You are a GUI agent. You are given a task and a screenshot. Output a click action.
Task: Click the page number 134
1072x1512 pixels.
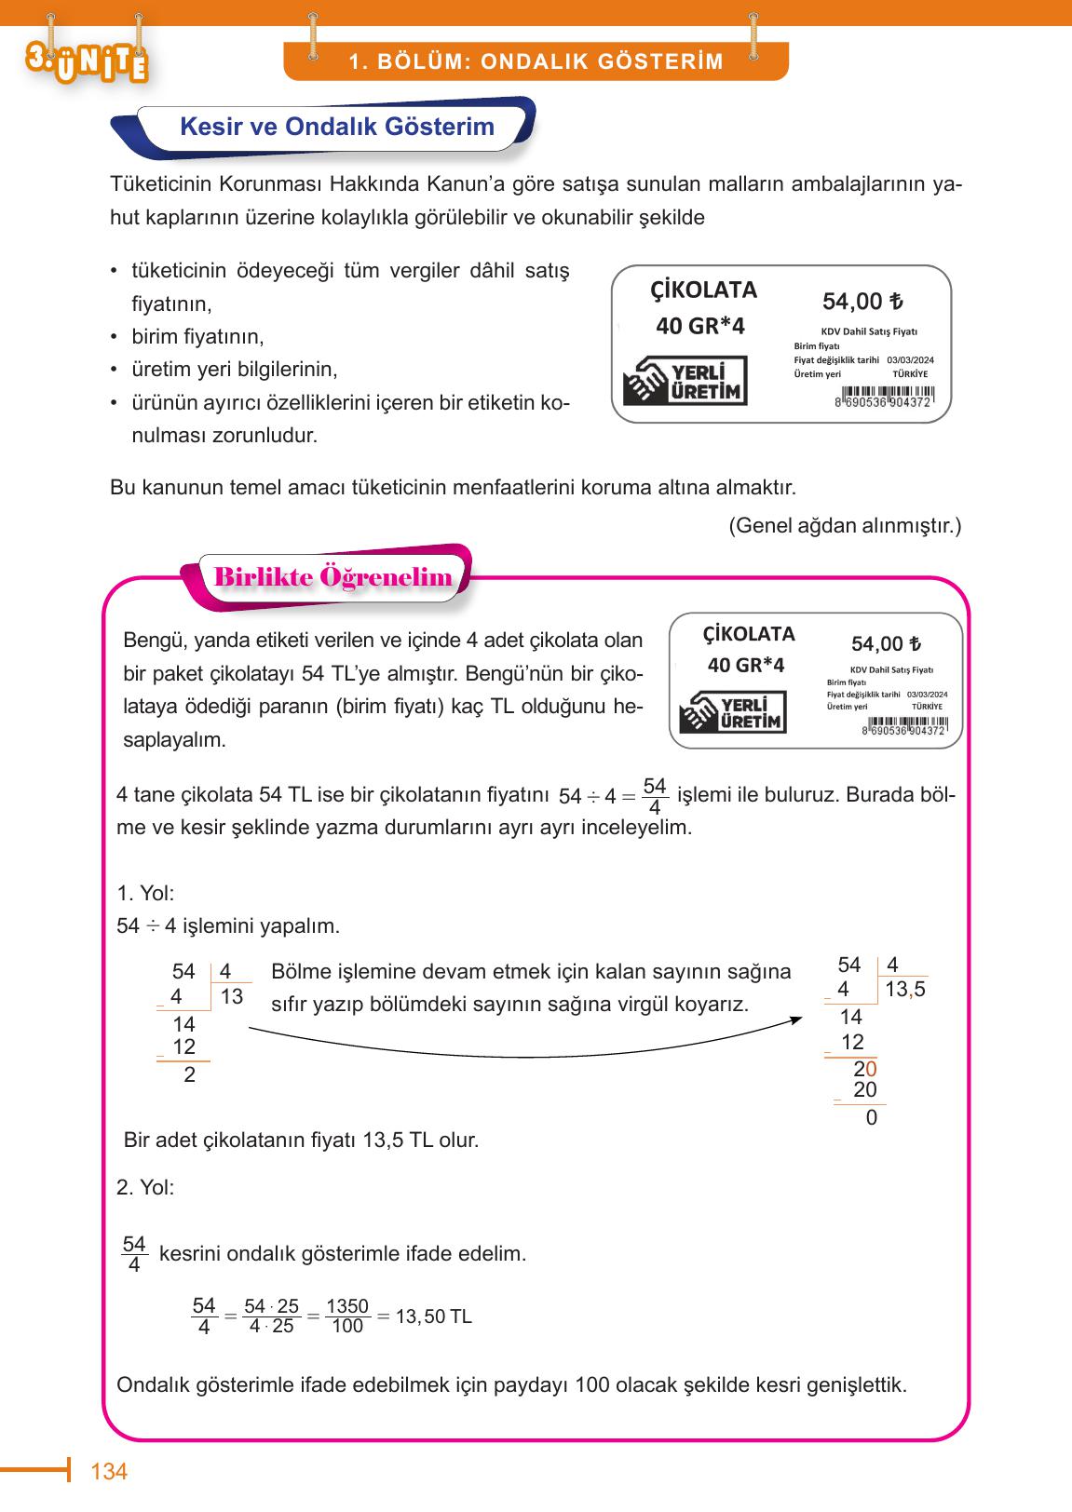point(108,1471)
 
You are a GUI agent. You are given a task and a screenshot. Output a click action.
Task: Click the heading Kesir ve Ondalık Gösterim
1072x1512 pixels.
point(336,127)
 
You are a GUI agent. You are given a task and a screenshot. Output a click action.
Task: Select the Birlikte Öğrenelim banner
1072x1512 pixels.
point(333,577)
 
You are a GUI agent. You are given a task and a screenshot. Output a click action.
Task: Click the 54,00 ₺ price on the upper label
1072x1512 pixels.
point(862,302)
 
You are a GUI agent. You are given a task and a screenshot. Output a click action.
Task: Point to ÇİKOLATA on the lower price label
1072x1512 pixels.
point(749,634)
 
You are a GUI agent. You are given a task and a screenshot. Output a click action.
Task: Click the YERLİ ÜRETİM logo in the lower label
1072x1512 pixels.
point(733,711)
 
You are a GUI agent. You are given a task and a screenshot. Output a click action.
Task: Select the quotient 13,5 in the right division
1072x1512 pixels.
point(904,990)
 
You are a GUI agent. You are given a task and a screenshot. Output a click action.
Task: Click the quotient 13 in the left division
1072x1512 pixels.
point(231,996)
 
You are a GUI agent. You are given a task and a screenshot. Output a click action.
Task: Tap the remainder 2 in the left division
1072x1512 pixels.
point(190,1074)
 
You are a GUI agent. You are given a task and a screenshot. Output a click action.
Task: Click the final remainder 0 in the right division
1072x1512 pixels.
point(871,1117)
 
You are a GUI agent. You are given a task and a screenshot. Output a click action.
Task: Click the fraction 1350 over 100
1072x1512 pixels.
point(347,1316)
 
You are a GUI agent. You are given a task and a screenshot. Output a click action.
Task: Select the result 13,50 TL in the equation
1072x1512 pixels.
point(433,1316)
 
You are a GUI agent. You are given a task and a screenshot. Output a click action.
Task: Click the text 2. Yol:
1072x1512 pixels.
point(145,1187)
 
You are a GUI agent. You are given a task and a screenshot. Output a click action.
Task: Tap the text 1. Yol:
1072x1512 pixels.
point(145,894)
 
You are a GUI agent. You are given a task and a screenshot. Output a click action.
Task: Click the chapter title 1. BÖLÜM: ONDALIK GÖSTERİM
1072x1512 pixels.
point(536,62)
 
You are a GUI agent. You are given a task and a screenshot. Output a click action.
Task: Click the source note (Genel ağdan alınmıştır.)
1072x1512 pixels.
point(844,525)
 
